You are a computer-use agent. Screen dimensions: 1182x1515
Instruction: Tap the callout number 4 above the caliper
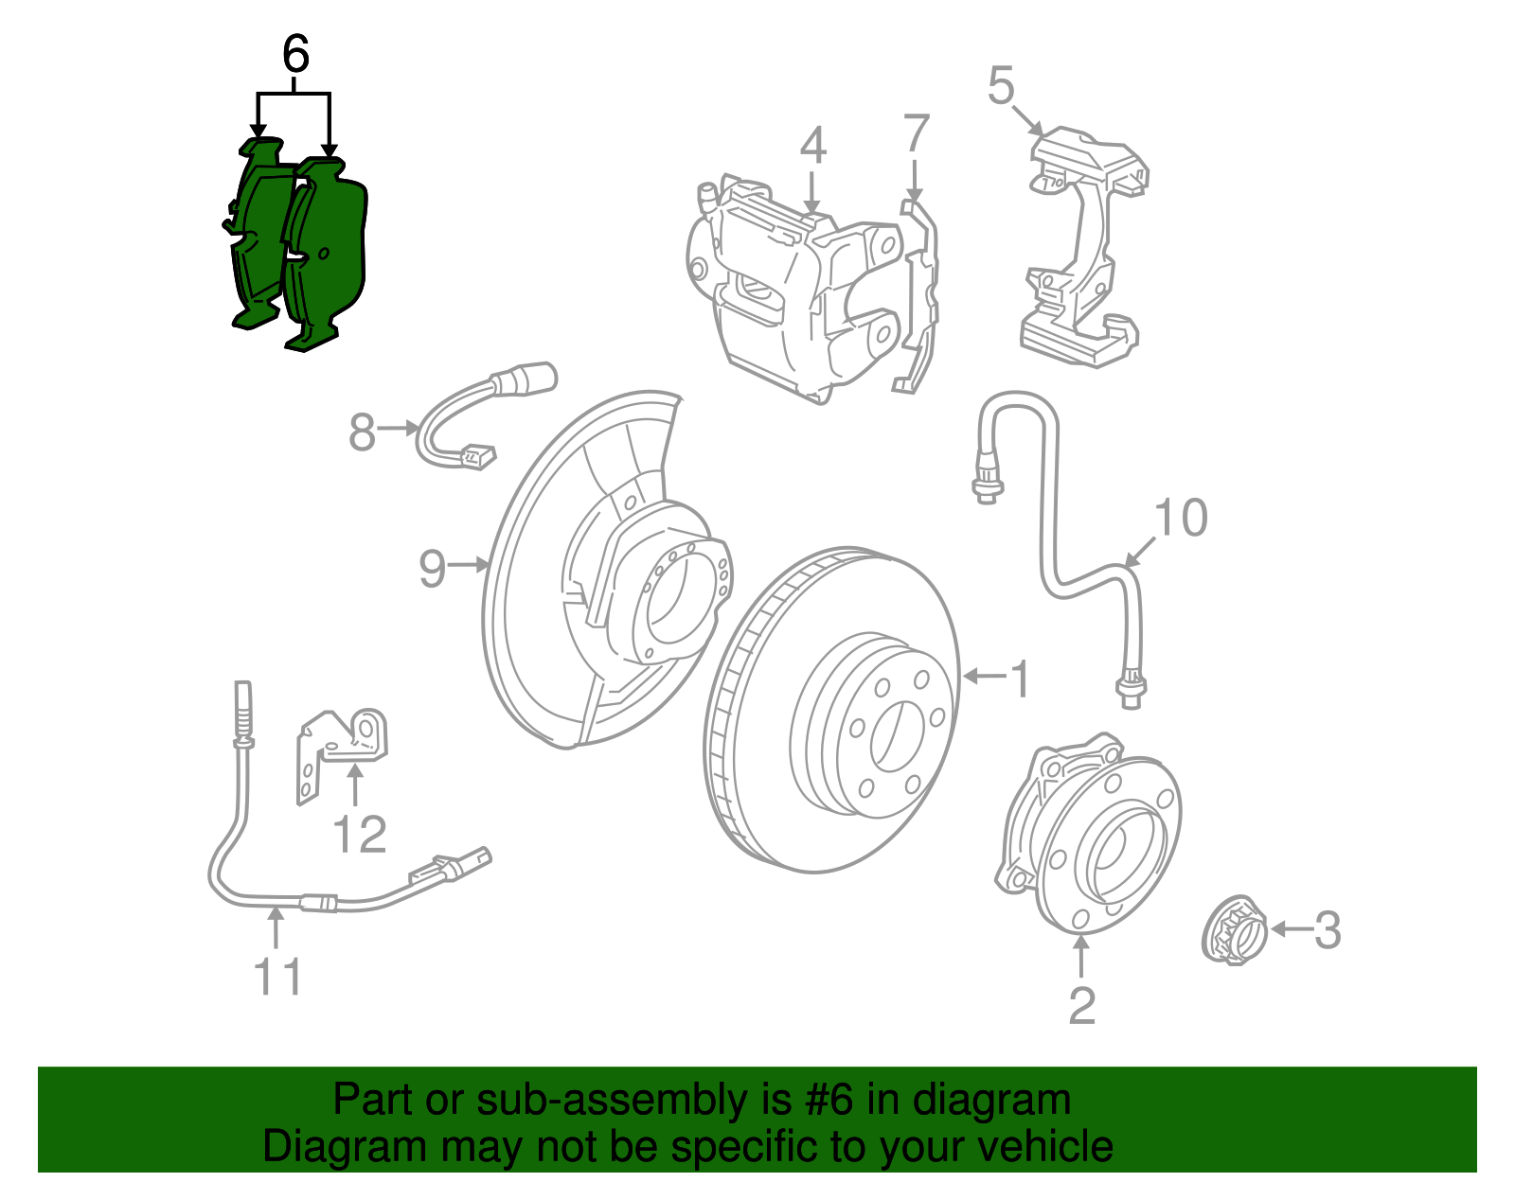[x=812, y=145]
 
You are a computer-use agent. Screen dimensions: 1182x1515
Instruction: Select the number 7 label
[x=916, y=133]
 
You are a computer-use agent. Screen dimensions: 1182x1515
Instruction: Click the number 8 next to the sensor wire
[x=363, y=432]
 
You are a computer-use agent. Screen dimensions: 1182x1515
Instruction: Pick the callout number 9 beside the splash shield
[x=432, y=569]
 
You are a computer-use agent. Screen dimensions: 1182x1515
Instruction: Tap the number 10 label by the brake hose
[x=1181, y=518]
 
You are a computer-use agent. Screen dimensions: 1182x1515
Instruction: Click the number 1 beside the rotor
[x=1020, y=679]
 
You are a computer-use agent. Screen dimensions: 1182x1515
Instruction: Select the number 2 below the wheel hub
[x=1081, y=1005]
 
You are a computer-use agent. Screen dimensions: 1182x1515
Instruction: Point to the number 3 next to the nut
[x=1328, y=930]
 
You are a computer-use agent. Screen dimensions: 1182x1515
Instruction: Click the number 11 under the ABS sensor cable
[x=277, y=977]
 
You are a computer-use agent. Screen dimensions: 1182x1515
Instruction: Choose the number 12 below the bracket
[x=360, y=835]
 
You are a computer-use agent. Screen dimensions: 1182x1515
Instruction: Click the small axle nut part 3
[x=1235, y=929]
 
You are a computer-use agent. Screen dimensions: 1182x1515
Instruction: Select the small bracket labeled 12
[x=341, y=748]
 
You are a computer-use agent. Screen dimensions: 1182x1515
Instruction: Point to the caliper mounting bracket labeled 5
[x=1084, y=246]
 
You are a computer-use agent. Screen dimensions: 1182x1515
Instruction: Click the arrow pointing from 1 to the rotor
[x=985, y=676]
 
